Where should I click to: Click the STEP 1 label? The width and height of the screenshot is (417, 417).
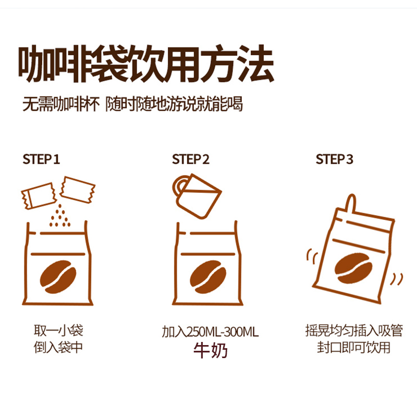point(41,160)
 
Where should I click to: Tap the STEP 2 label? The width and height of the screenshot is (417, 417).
point(190,160)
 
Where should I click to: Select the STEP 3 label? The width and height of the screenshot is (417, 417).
point(334,160)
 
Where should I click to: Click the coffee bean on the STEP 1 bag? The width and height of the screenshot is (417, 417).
point(58,277)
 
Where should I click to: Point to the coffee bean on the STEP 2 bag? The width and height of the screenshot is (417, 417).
point(208,277)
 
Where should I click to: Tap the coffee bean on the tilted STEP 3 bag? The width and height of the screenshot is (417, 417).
point(353,268)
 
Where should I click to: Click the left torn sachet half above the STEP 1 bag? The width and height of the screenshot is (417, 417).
point(39,196)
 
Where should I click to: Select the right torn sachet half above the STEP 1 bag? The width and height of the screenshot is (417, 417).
point(77,190)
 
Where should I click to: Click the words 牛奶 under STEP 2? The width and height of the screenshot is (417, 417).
point(210,350)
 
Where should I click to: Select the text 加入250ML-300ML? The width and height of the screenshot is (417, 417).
point(210,332)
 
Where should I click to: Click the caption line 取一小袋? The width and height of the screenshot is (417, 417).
point(58,330)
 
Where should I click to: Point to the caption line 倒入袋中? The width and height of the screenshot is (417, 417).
point(58,347)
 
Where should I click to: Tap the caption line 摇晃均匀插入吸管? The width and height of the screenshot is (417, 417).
point(354,330)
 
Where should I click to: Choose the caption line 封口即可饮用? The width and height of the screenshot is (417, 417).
point(353,347)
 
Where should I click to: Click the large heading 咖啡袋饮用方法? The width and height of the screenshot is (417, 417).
point(146,64)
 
